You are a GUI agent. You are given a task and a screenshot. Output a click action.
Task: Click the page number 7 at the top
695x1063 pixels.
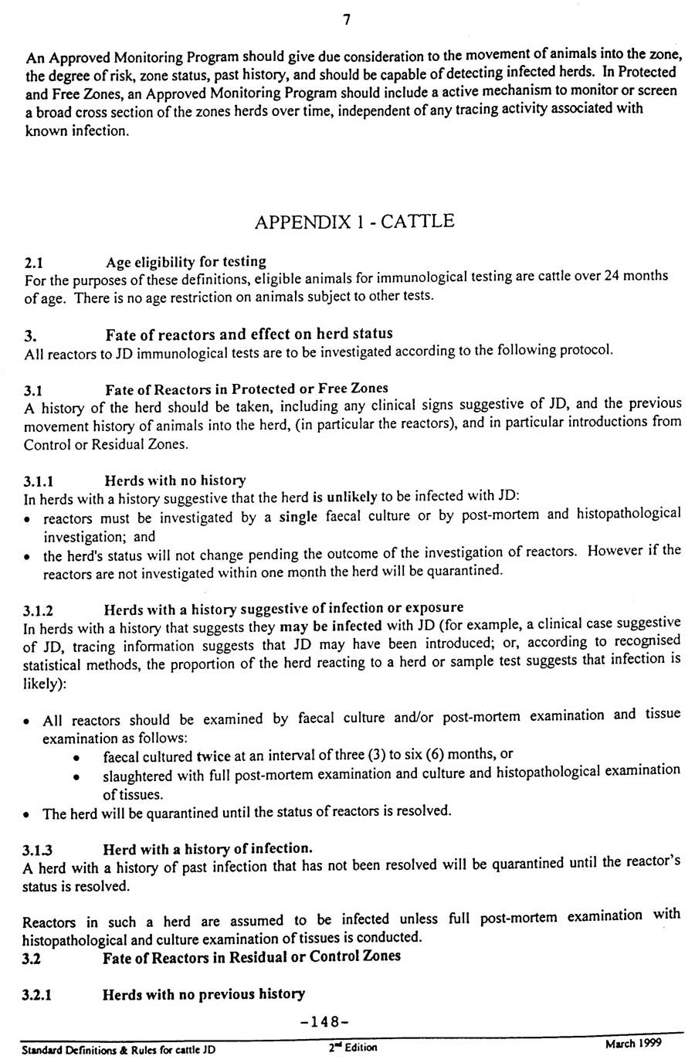[x=347, y=21]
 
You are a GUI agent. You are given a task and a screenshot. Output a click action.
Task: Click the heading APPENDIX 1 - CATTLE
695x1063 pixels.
[x=354, y=222]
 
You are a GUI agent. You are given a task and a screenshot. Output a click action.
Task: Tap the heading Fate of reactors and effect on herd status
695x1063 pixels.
[x=249, y=334]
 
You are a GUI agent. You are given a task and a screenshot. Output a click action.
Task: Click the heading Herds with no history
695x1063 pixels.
[x=175, y=481]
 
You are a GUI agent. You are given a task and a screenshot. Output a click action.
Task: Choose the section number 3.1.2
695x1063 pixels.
[x=39, y=610]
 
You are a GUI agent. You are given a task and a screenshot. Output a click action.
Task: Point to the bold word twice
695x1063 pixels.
[x=213, y=755]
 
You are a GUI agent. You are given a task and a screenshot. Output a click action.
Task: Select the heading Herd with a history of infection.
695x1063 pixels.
[x=207, y=849]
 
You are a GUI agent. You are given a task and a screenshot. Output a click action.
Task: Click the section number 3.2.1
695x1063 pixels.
[x=37, y=996]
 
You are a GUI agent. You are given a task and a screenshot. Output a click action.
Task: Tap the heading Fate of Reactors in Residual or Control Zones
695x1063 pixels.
[x=252, y=957]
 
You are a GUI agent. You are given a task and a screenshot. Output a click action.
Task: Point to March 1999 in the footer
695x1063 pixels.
[x=632, y=1044]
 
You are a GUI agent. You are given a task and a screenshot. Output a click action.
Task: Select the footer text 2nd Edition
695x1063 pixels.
[x=352, y=1048]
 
